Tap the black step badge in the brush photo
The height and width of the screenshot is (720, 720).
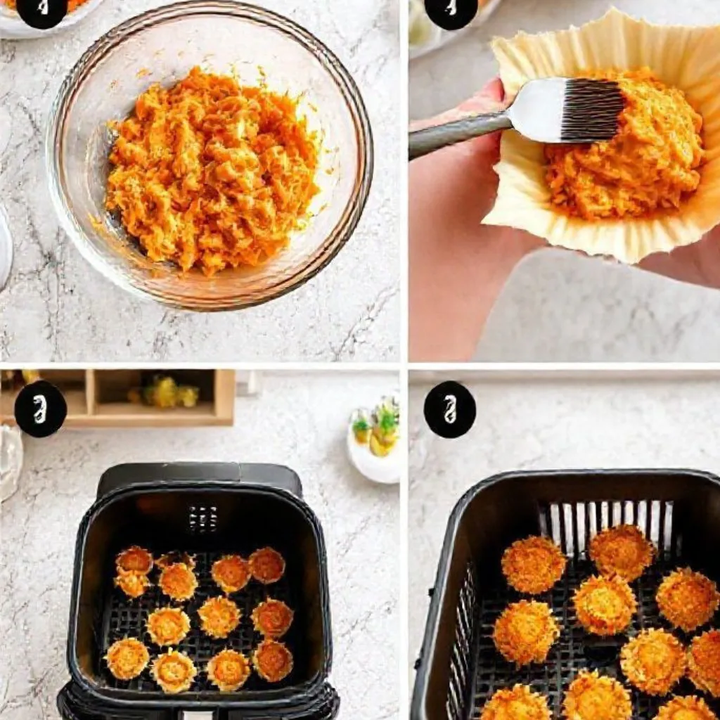[451, 10]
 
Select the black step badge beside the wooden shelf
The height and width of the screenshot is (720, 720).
[40, 409]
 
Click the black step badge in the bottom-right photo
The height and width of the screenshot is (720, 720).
[449, 409]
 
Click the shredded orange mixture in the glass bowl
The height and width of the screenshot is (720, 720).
[211, 169]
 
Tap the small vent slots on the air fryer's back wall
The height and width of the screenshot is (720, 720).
[202, 518]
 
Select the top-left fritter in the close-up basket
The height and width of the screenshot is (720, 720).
[533, 563]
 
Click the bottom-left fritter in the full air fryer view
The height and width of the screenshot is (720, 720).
[127, 658]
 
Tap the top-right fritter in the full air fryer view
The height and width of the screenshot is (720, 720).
[267, 565]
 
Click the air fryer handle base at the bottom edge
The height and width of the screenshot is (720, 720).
[197, 707]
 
